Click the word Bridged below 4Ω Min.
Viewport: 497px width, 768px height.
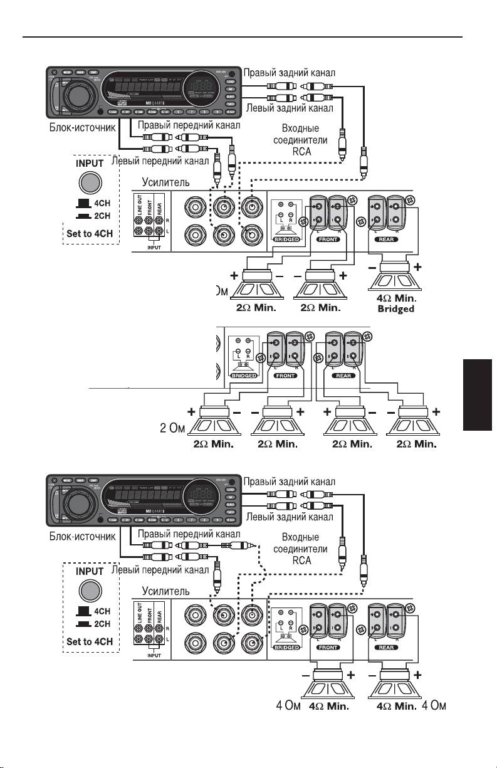point(397,310)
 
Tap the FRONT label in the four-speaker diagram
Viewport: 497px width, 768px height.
point(285,376)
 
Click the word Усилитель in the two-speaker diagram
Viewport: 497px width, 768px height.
point(165,590)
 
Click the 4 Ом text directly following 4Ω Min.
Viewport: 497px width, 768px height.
point(434,707)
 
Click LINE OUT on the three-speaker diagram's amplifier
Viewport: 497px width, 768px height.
point(140,206)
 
